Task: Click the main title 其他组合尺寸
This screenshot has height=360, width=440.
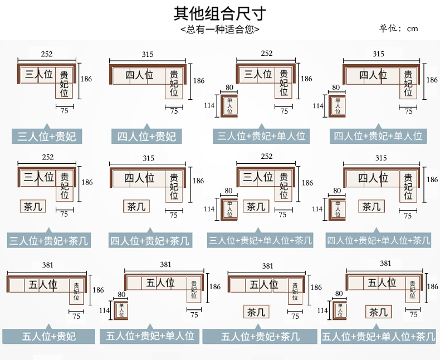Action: (219, 13)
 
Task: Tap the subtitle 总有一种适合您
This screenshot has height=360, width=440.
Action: (219, 29)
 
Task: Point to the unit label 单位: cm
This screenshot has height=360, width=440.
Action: (398, 28)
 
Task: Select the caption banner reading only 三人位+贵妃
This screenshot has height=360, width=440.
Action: (47, 136)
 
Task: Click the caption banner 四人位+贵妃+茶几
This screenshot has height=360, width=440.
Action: (150, 240)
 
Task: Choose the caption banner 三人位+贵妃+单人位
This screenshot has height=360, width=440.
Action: (261, 136)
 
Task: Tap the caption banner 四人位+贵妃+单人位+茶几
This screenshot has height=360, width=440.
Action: (378, 240)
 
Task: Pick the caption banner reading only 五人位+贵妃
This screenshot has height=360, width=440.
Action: (49, 336)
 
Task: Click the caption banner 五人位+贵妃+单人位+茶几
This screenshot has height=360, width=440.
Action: (378, 336)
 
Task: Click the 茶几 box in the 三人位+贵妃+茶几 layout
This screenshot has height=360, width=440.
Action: (33, 206)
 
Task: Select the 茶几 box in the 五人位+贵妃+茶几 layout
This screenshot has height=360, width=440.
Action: (256, 312)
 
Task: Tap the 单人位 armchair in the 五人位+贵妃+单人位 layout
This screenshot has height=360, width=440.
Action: (121, 310)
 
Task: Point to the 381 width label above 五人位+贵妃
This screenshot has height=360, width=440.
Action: (47, 265)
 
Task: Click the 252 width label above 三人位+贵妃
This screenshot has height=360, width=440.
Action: (47, 54)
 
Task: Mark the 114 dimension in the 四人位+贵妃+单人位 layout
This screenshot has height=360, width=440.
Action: (318, 106)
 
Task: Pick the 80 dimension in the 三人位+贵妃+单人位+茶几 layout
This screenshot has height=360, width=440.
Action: (228, 191)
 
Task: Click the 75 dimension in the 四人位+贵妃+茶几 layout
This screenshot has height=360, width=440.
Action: (174, 215)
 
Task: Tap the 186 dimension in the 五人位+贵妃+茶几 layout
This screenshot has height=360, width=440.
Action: (316, 287)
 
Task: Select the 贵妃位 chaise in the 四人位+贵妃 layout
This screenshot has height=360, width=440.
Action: (174, 84)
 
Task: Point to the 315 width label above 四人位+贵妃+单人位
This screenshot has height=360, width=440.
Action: (378, 53)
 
